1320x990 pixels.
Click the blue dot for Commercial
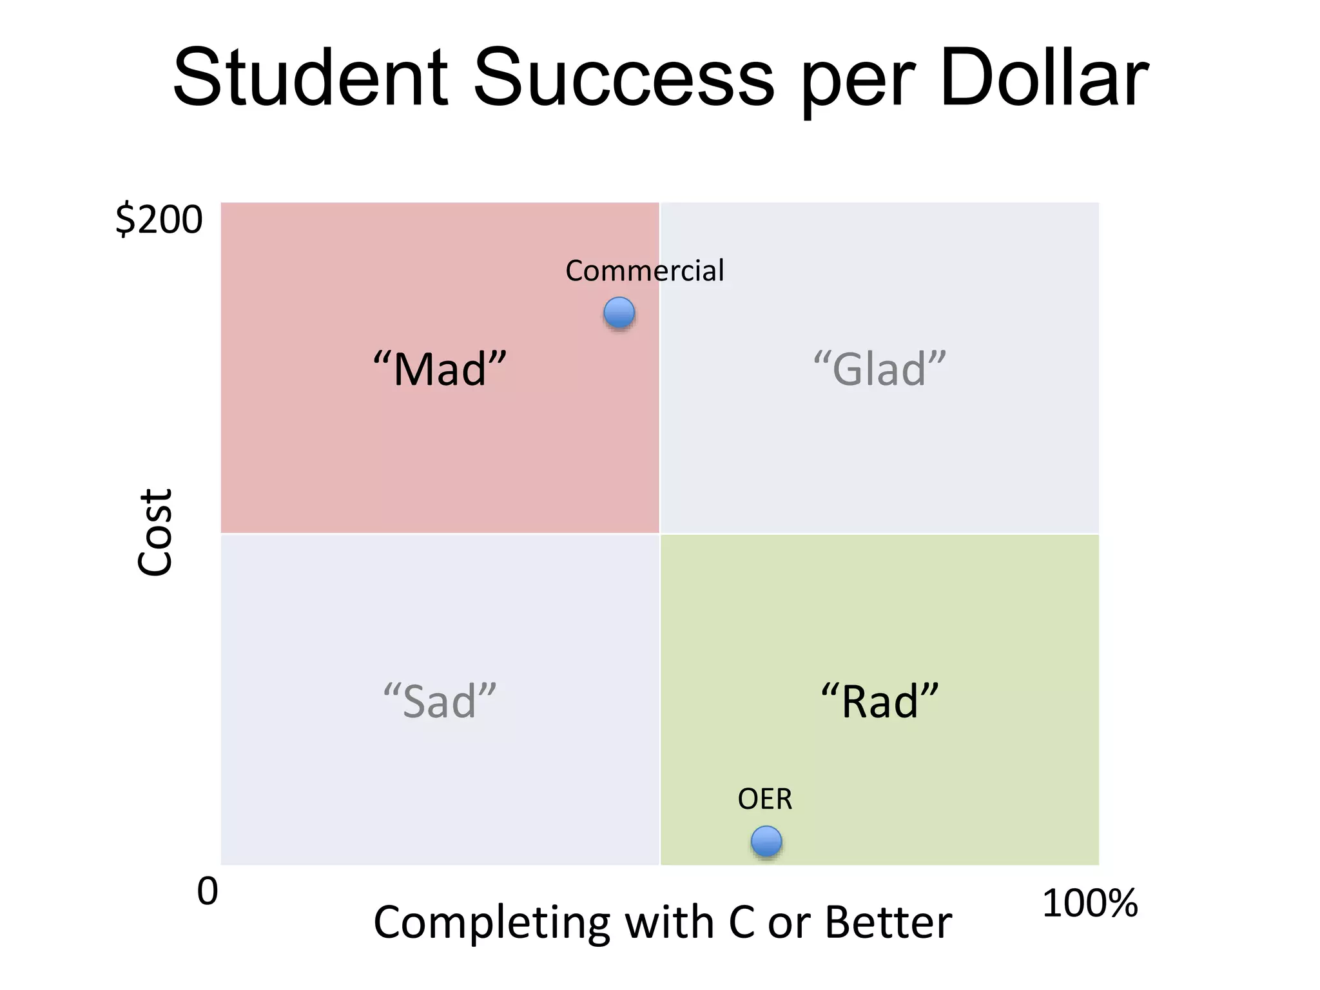[x=619, y=313]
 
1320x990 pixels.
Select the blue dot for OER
[x=766, y=841]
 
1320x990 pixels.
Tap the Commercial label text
[x=645, y=271]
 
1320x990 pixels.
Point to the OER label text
[x=764, y=799]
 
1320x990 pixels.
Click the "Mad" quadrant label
[x=440, y=369]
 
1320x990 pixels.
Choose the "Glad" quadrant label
[x=879, y=369]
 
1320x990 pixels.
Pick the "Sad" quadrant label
[x=440, y=701]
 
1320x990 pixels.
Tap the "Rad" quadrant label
[x=879, y=701]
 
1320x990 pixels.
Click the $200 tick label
[x=159, y=220]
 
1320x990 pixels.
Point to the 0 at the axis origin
[x=208, y=891]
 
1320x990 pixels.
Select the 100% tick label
[x=1089, y=903]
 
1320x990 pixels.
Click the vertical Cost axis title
[x=155, y=532]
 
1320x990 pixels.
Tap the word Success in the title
[x=623, y=79]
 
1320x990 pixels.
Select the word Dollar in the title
[x=1044, y=79]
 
